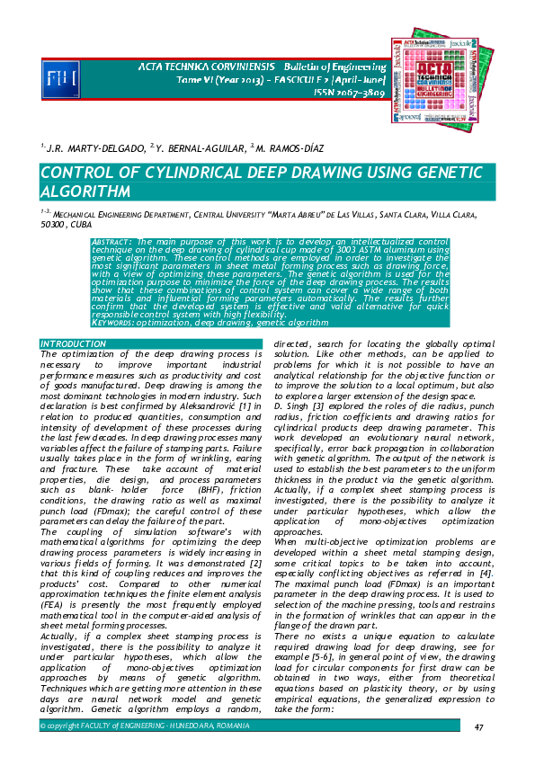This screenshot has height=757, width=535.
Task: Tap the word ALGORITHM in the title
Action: pos(88,192)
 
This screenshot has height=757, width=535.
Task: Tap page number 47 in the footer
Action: pos(479,727)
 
